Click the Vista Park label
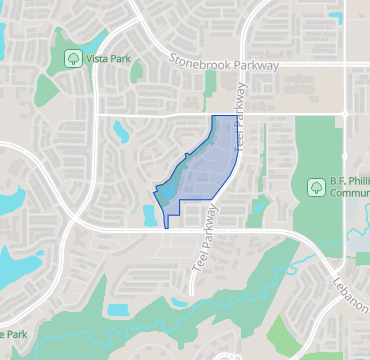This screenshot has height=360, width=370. click(108, 58)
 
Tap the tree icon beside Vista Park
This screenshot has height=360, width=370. click(73, 58)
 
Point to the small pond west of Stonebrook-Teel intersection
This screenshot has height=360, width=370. click(124, 128)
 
